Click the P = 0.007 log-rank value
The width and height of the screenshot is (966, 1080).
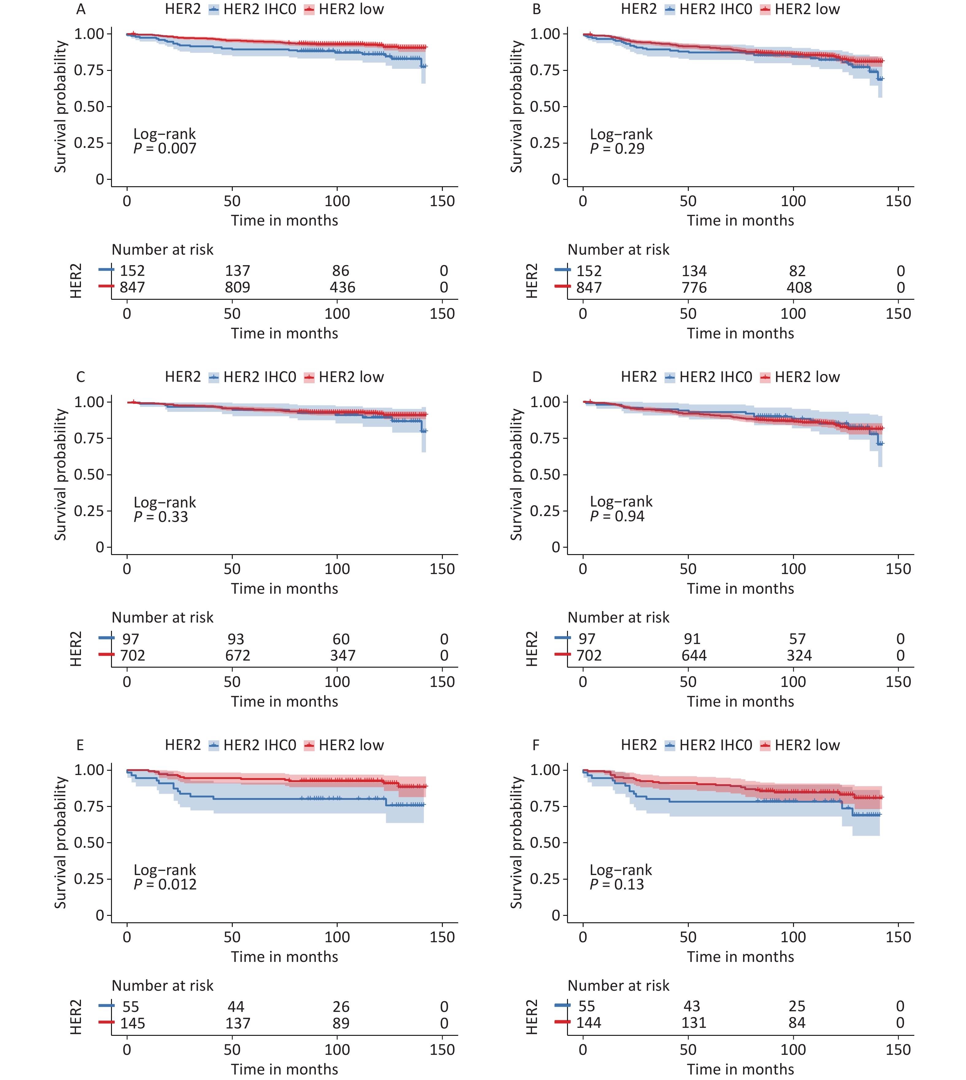point(165,149)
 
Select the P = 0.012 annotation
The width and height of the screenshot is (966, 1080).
point(165,885)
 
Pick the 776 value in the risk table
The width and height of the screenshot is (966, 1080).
point(694,288)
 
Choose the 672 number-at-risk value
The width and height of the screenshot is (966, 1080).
point(237,656)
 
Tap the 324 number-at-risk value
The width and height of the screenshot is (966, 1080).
point(799,656)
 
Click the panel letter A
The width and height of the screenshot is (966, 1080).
point(81,10)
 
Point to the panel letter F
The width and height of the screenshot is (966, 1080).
point(536,746)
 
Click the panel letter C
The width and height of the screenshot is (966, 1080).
point(81,377)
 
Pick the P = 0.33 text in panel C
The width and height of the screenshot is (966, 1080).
point(161,517)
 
